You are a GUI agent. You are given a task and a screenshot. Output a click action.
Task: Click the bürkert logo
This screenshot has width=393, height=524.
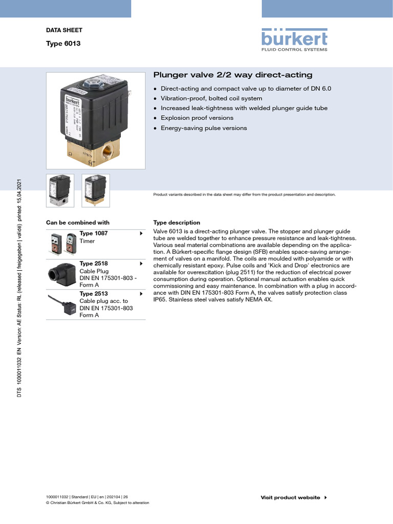pos(294,39)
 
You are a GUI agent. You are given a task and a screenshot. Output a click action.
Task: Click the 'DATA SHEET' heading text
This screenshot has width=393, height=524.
pos(64,30)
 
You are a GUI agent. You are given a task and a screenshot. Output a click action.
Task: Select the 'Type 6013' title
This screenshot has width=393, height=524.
pos(63,43)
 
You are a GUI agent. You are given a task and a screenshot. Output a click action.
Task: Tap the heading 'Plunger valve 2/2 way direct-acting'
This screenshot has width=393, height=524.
pos(233,75)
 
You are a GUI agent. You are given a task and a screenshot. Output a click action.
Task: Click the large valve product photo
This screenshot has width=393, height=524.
pos(96,121)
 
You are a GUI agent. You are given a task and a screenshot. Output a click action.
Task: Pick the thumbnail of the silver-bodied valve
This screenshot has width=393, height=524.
pos(60,191)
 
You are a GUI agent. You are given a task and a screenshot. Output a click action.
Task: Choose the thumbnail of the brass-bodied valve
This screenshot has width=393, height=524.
pos(96,191)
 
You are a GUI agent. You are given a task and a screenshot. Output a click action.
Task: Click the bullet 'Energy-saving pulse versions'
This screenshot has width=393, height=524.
pos(204,128)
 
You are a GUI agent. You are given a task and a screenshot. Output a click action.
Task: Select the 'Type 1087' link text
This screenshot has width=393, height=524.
pos(94,233)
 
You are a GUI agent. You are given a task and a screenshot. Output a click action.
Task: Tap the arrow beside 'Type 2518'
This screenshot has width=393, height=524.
pos(141,264)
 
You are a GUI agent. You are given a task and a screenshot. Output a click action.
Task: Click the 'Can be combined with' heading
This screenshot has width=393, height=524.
pos(78,223)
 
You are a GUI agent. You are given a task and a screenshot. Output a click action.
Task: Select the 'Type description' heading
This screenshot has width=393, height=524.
pos(177,223)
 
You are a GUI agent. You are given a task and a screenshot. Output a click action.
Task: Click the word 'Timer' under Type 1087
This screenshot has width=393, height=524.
pos(88,241)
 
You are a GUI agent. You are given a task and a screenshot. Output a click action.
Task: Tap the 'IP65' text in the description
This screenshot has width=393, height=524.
pos(160,300)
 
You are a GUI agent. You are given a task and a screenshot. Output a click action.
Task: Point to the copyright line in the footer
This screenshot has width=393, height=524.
pos(98,503)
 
